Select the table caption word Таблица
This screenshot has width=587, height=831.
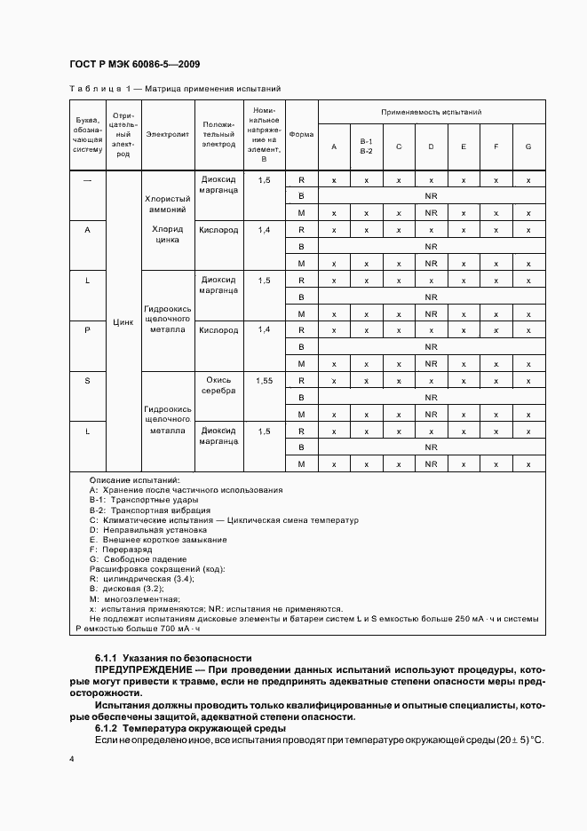coord(93,90)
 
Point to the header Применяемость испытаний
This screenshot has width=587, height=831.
coord(431,113)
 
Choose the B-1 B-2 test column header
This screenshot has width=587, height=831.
coord(366,146)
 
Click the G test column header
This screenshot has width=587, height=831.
coord(528,146)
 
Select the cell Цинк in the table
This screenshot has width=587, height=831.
coord(123,322)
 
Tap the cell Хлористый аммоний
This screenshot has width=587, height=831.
coord(168,205)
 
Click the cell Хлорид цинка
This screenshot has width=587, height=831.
coord(168,234)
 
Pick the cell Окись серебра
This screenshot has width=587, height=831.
coord(218,384)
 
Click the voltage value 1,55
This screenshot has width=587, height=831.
coord(265,380)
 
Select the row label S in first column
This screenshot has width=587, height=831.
coord(87,380)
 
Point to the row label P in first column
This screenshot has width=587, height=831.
coord(87,330)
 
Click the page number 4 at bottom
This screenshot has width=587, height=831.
coord(72,760)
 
